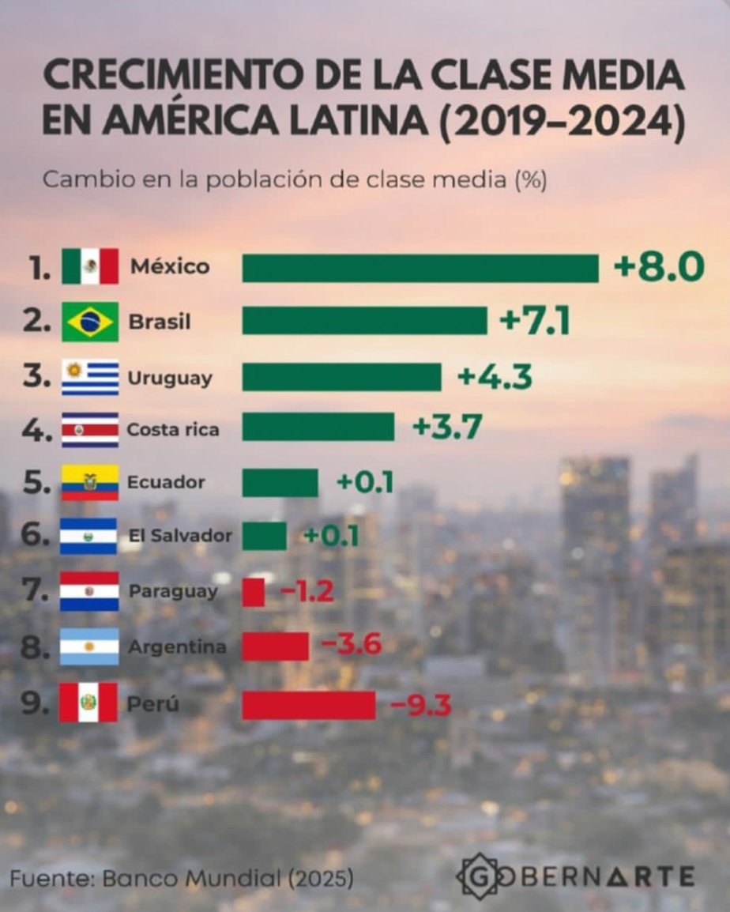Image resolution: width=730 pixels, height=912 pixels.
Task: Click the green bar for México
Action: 420,268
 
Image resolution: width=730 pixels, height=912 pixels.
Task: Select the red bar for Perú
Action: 308,705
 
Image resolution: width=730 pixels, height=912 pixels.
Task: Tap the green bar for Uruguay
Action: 341,377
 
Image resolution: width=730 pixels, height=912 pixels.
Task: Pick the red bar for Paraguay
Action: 253,592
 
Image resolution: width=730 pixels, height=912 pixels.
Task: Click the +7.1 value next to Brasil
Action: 534,322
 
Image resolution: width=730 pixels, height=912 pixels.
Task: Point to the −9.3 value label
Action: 420,705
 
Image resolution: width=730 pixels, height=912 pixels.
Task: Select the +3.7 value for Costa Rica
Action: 446,428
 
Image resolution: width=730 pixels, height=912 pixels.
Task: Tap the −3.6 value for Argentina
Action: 352,646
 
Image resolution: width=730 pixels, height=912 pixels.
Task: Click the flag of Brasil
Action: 90,322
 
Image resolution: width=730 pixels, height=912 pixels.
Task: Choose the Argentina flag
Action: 89,646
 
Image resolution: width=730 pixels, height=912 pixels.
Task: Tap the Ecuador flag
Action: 90,482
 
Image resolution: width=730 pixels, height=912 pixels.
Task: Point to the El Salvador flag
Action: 89,537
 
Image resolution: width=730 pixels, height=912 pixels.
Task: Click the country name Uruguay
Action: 170,378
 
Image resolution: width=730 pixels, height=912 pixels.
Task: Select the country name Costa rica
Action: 173,430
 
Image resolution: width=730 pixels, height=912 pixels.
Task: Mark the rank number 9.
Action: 35,703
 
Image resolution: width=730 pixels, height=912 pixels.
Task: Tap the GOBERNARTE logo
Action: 576,876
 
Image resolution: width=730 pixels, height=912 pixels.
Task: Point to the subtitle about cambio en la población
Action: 294,179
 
